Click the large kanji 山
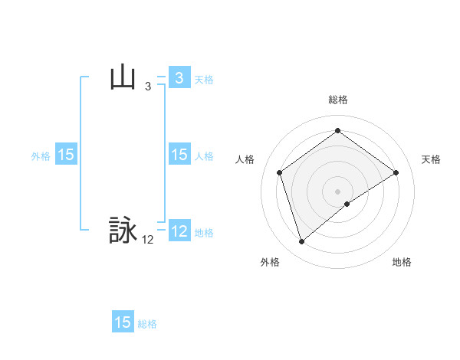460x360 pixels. pyautogui.click(x=123, y=78)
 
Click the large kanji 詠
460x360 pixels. pyautogui.click(x=123, y=231)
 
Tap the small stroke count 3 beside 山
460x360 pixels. pyautogui.click(x=148, y=87)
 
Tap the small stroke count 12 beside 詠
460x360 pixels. pyautogui.click(x=148, y=240)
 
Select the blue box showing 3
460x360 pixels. pyautogui.click(x=179, y=78)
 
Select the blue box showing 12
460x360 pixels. pyautogui.click(x=179, y=231)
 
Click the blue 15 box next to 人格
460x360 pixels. pyautogui.click(x=179, y=155)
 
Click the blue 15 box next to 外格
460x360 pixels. pyautogui.click(x=66, y=155)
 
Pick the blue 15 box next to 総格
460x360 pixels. pyautogui.click(x=123, y=322)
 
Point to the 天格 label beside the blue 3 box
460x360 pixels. pyautogui.click(x=204, y=79)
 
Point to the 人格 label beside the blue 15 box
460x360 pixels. pyautogui.click(x=204, y=155)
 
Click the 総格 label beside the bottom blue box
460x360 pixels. pyautogui.click(x=147, y=323)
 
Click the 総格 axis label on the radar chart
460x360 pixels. pyautogui.click(x=337, y=100)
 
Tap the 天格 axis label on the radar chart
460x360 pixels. pyautogui.click(x=432, y=159)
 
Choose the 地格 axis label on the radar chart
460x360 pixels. pyautogui.click(x=402, y=262)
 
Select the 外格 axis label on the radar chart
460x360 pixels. pyautogui.click(x=270, y=262)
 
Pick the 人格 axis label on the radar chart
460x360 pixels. pyautogui.click(x=245, y=159)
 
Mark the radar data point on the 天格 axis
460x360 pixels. pyautogui.click(x=396, y=172)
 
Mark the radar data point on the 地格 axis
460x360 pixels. pyautogui.click(x=347, y=204)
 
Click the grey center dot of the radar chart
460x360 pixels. pyautogui.click(x=337, y=191)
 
